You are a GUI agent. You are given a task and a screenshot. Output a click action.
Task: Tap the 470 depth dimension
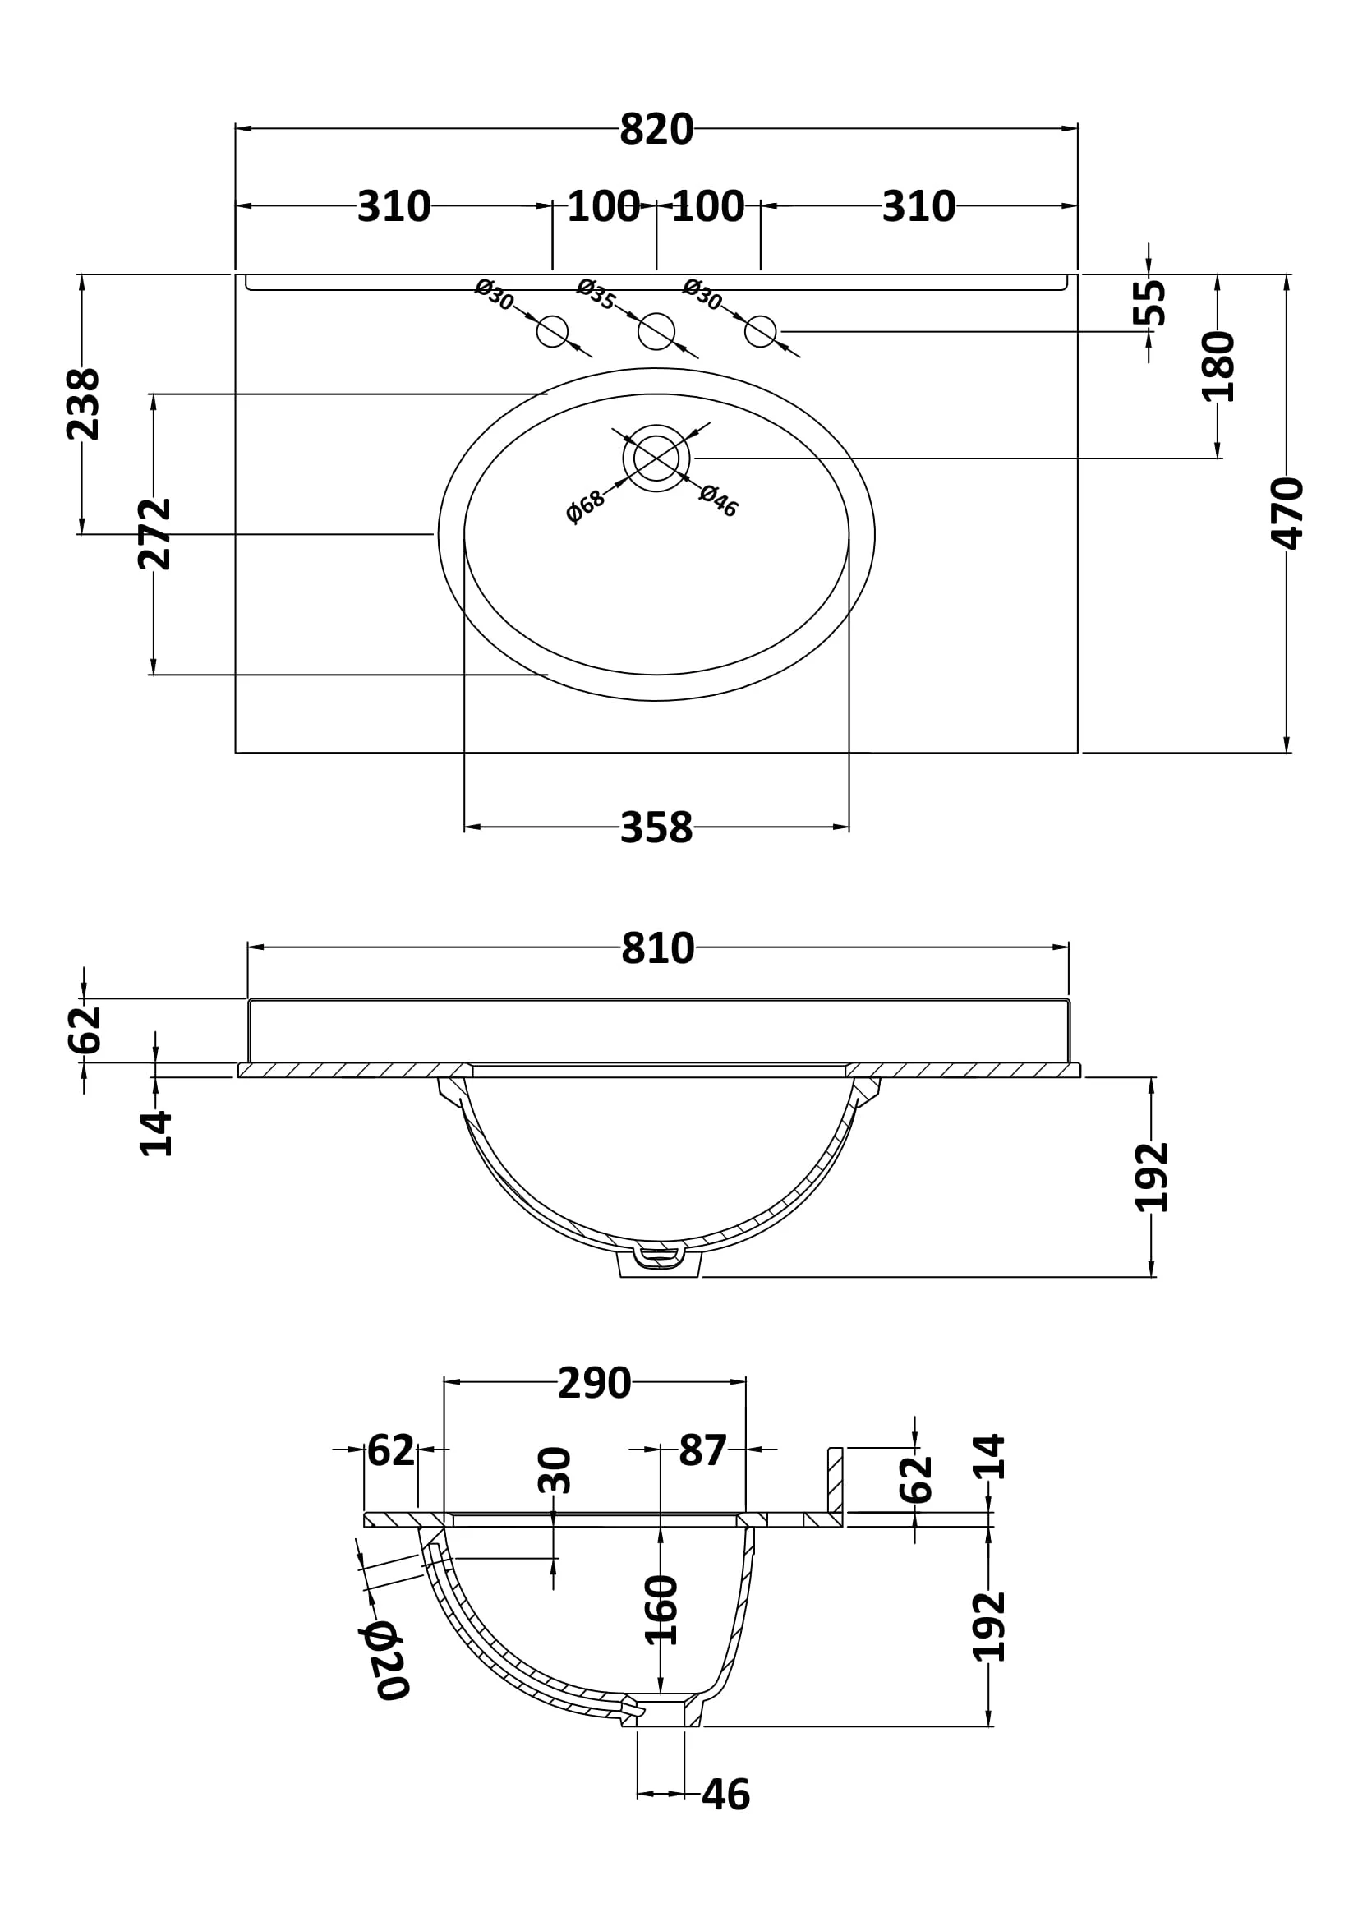(x=1287, y=513)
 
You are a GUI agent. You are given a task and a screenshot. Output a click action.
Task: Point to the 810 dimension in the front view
(x=658, y=948)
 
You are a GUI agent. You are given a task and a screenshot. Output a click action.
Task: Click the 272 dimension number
(x=154, y=534)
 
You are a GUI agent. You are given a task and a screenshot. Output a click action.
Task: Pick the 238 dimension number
(x=83, y=404)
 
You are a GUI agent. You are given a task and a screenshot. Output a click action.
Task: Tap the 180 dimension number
(x=1218, y=366)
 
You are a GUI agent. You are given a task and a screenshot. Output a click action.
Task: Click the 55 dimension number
(x=1149, y=302)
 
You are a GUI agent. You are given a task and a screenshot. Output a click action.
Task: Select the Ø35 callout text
(x=596, y=294)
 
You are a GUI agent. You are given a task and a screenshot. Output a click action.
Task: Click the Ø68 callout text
(x=585, y=506)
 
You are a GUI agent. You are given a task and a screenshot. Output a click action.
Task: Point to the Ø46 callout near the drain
(x=719, y=500)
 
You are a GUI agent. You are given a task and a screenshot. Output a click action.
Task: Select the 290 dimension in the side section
(x=594, y=1384)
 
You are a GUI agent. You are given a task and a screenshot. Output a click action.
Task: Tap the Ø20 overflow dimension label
(x=382, y=1661)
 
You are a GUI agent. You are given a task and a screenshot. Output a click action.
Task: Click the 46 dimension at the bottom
(x=725, y=1795)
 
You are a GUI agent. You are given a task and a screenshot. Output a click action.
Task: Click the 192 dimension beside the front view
(x=1151, y=1177)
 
